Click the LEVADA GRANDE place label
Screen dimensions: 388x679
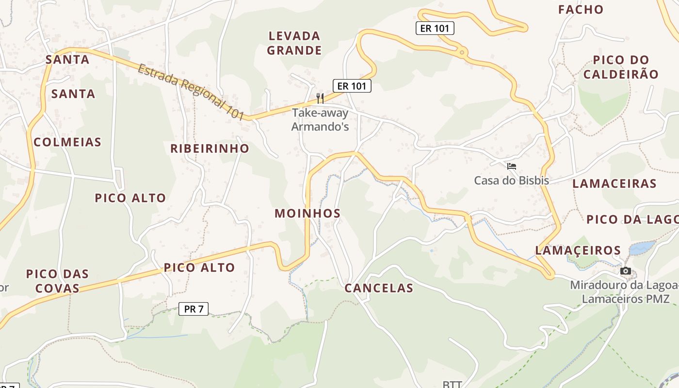point(294,43)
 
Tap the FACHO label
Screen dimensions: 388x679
point(581,10)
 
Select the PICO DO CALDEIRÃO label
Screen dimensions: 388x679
point(621,67)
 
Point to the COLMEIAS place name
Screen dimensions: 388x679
point(67,142)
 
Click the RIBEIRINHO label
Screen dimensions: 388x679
point(210,148)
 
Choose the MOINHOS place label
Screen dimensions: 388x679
point(307,213)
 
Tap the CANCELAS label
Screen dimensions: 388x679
point(379,288)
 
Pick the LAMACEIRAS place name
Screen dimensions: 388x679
point(614,184)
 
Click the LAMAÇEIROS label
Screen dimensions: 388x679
point(578,250)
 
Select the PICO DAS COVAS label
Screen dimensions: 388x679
point(57,281)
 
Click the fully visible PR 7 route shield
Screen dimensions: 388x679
point(194,308)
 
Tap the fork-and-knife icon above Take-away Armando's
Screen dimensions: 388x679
point(320,98)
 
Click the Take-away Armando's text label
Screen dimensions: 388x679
point(320,120)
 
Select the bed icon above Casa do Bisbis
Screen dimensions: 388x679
point(511,166)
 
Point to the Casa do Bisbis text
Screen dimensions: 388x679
point(511,181)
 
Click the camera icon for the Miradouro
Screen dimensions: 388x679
point(626,271)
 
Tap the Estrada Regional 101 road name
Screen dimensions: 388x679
point(191,92)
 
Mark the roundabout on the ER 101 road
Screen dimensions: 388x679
point(462,52)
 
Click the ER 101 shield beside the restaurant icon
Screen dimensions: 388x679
point(352,86)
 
